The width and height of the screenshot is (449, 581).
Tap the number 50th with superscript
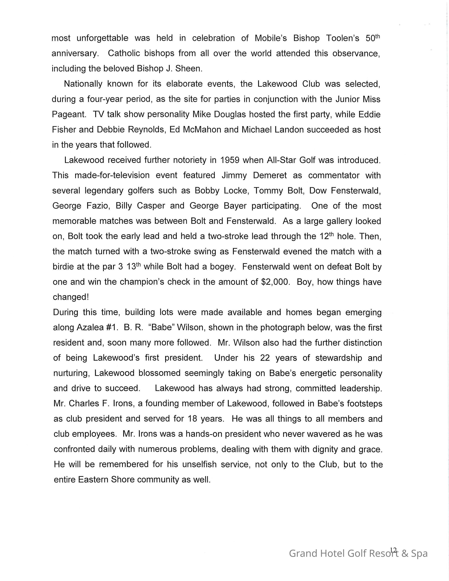point(373,38)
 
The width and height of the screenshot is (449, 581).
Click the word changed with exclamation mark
point(71,297)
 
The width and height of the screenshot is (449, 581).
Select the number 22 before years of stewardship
point(265,358)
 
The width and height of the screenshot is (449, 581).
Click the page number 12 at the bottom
point(393,550)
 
